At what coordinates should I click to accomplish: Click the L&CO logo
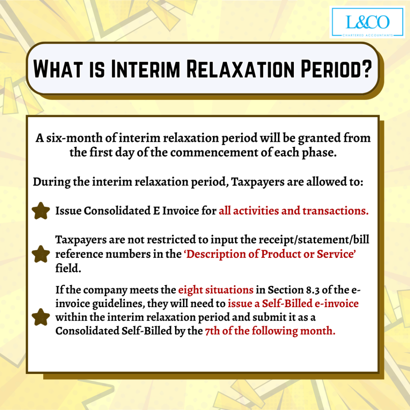368,22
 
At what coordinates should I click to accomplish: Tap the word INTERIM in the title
145,69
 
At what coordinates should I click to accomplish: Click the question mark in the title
366,68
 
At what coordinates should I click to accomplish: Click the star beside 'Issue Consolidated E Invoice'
41,211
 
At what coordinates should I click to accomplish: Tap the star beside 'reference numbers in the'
41,254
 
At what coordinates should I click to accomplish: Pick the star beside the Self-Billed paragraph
41,317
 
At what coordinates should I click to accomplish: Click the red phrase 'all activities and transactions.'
293,211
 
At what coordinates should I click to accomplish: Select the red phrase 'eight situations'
216,290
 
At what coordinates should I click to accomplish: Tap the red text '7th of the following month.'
270,331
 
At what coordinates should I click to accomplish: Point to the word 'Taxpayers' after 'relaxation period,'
257,182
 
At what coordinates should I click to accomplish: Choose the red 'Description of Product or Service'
270,254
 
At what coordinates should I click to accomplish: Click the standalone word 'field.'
68,268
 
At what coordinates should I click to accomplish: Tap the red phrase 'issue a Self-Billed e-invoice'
293,303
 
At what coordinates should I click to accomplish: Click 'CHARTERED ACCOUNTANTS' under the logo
368,35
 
